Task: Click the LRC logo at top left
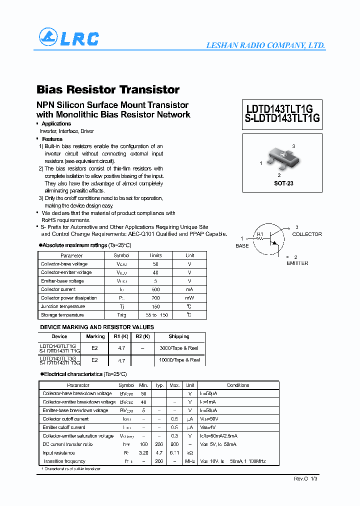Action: (x=69, y=38)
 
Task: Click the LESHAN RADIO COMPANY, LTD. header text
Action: (x=265, y=45)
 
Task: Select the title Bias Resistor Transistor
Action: (x=108, y=89)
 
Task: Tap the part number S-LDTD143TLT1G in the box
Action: (x=282, y=119)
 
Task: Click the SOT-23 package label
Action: (x=283, y=183)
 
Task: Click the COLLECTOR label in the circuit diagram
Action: (x=306, y=234)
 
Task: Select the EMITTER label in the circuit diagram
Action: (x=297, y=263)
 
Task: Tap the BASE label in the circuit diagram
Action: (x=242, y=246)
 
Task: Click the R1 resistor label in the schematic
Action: (x=259, y=234)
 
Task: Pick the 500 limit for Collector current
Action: (x=155, y=289)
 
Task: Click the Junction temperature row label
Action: (x=63, y=306)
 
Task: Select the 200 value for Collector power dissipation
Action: (x=155, y=298)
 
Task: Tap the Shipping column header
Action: (x=179, y=336)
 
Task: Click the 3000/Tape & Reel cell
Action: (x=179, y=348)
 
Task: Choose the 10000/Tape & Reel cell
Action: (x=179, y=360)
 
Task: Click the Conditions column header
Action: (x=238, y=385)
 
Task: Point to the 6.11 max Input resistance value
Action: (x=174, y=452)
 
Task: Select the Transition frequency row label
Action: (x=64, y=461)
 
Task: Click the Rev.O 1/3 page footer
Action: (x=305, y=478)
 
